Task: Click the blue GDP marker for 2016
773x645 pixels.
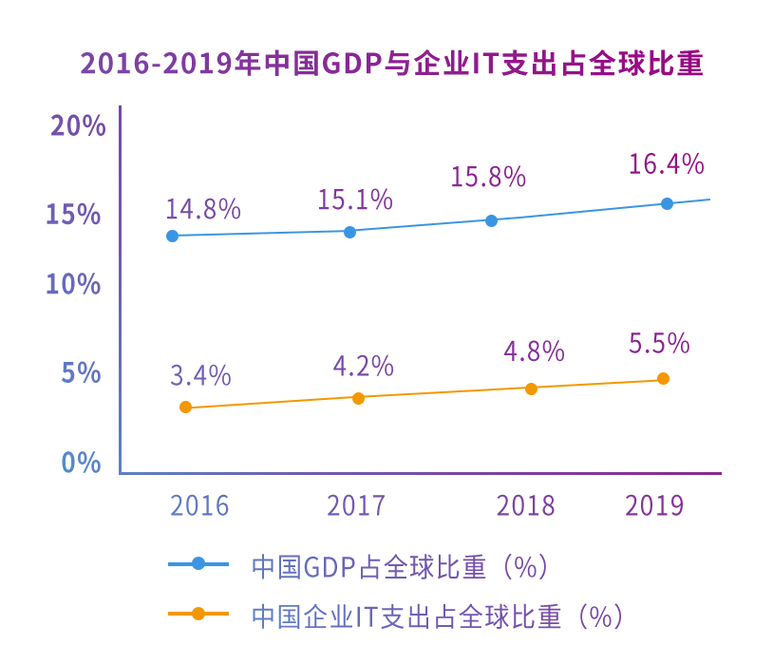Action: (172, 236)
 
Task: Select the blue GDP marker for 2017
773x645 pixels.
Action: (349, 232)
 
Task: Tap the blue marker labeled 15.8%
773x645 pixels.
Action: (491, 220)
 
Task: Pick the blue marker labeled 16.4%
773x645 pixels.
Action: (667, 203)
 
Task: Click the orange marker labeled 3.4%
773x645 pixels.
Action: (185, 408)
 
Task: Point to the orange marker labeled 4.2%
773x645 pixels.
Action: (358, 398)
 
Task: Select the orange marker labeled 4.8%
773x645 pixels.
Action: (531, 389)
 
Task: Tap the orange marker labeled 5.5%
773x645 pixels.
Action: (663, 379)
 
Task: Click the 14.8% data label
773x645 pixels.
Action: (203, 209)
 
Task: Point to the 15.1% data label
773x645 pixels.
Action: (355, 199)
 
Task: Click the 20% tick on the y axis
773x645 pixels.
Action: (77, 126)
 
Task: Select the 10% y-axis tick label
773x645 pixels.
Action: (74, 284)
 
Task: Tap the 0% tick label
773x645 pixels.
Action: (82, 463)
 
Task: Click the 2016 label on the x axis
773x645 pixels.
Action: (199, 504)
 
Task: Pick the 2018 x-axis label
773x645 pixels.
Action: (525, 504)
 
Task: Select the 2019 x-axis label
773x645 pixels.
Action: (654, 504)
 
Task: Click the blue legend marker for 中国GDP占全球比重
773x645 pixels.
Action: (198, 564)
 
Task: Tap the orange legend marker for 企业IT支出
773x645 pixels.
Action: (198, 614)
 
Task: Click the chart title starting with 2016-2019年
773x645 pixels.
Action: (391, 65)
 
